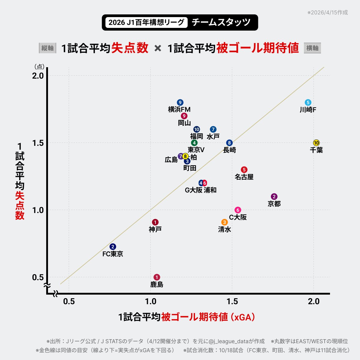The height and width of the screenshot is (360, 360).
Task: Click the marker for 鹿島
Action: (157, 277)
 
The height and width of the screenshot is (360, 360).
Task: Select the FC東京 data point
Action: (113, 247)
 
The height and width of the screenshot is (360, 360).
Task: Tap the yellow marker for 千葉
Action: (316, 143)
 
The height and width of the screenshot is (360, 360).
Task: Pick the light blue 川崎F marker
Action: (308, 102)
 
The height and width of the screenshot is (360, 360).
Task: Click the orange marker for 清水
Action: (224, 222)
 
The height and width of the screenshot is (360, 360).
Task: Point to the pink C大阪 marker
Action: (238, 210)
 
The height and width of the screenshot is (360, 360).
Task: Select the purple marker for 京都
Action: (274, 197)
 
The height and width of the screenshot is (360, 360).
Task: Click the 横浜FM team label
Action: (179, 109)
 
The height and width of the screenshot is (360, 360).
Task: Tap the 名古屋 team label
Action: (244, 177)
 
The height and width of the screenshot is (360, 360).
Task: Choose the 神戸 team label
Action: (155, 229)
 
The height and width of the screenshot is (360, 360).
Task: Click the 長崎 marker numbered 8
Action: (229, 143)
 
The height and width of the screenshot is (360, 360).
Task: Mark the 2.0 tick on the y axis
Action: (38, 76)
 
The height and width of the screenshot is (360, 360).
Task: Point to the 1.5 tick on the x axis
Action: (232, 301)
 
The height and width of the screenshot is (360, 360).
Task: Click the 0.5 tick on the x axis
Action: (69, 301)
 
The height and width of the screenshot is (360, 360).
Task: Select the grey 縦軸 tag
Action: (47, 48)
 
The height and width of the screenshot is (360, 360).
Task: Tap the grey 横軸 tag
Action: (312, 48)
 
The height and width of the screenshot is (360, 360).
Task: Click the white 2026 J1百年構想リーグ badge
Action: (146, 22)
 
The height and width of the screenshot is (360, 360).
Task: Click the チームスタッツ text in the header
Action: (221, 22)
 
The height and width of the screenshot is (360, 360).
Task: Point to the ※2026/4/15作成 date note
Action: (328, 13)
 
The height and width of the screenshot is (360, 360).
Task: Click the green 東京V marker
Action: (194, 143)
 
